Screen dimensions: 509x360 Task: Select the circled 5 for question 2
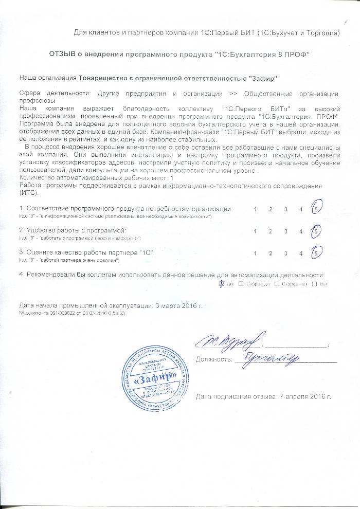click(317, 231)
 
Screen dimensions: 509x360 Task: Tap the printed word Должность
click(213, 359)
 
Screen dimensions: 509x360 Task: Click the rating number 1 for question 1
click(256, 209)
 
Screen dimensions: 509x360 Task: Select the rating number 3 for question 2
click(285, 231)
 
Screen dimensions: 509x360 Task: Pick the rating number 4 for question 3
click(301, 253)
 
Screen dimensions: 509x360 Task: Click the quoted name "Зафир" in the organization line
click(262, 78)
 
